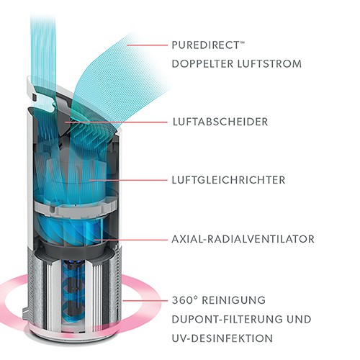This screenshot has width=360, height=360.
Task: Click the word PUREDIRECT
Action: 206,45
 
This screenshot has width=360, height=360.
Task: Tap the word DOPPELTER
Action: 202,64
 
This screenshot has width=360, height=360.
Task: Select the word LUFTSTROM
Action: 269,64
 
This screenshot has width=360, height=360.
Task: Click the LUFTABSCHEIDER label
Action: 220,122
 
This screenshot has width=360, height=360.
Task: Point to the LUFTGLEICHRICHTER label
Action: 228,180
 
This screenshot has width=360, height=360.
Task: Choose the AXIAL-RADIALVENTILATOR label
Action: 243,239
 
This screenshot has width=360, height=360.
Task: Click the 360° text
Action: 184,300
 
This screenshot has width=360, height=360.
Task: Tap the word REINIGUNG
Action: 233,300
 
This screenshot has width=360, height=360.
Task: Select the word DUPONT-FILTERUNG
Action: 223,320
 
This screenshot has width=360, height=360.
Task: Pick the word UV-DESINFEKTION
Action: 222,338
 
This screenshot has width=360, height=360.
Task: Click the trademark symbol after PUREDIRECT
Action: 243,42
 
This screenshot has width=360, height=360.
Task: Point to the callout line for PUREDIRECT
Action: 147,45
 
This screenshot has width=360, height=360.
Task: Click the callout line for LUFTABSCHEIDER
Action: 116,122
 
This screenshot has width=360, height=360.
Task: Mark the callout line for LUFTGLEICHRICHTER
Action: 127,180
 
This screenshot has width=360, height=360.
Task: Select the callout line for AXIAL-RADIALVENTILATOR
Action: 130,239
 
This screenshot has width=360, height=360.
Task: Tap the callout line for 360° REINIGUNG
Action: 145,300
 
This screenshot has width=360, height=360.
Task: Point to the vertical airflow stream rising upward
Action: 43,60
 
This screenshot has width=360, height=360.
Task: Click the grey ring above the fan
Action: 75,210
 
